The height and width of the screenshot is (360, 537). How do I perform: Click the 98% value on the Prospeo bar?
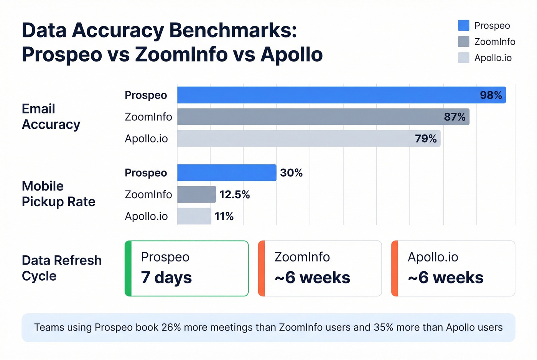coord(491,95)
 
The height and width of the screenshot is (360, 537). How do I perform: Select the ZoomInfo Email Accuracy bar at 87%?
coord(323,117)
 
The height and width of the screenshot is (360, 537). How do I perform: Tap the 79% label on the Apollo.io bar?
coord(425,138)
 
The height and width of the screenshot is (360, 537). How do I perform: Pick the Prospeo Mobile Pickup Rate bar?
coord(226,173)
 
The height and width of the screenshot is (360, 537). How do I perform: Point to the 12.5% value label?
coord(234,195)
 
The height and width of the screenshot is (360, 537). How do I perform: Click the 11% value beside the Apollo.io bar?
coord(224,217)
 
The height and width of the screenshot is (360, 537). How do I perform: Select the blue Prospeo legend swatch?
coord(463,26)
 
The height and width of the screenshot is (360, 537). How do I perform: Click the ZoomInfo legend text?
coord(494,42)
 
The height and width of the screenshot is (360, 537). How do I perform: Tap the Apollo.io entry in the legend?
coord(493,58)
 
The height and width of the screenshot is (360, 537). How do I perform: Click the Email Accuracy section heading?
coord(51,117)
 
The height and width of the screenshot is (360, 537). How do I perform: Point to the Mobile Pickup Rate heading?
coord(58,194)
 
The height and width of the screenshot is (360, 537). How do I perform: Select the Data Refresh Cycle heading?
coord(61,268)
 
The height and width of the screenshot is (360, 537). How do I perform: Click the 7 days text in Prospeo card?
coord(166,278)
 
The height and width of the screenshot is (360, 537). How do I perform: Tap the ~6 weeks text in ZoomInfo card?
coord(312,278)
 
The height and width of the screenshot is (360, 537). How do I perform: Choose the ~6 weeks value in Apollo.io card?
coord(445,278)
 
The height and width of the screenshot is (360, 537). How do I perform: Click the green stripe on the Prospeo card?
coord(128,268)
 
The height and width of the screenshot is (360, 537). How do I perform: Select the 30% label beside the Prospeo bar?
coord(291,173)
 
